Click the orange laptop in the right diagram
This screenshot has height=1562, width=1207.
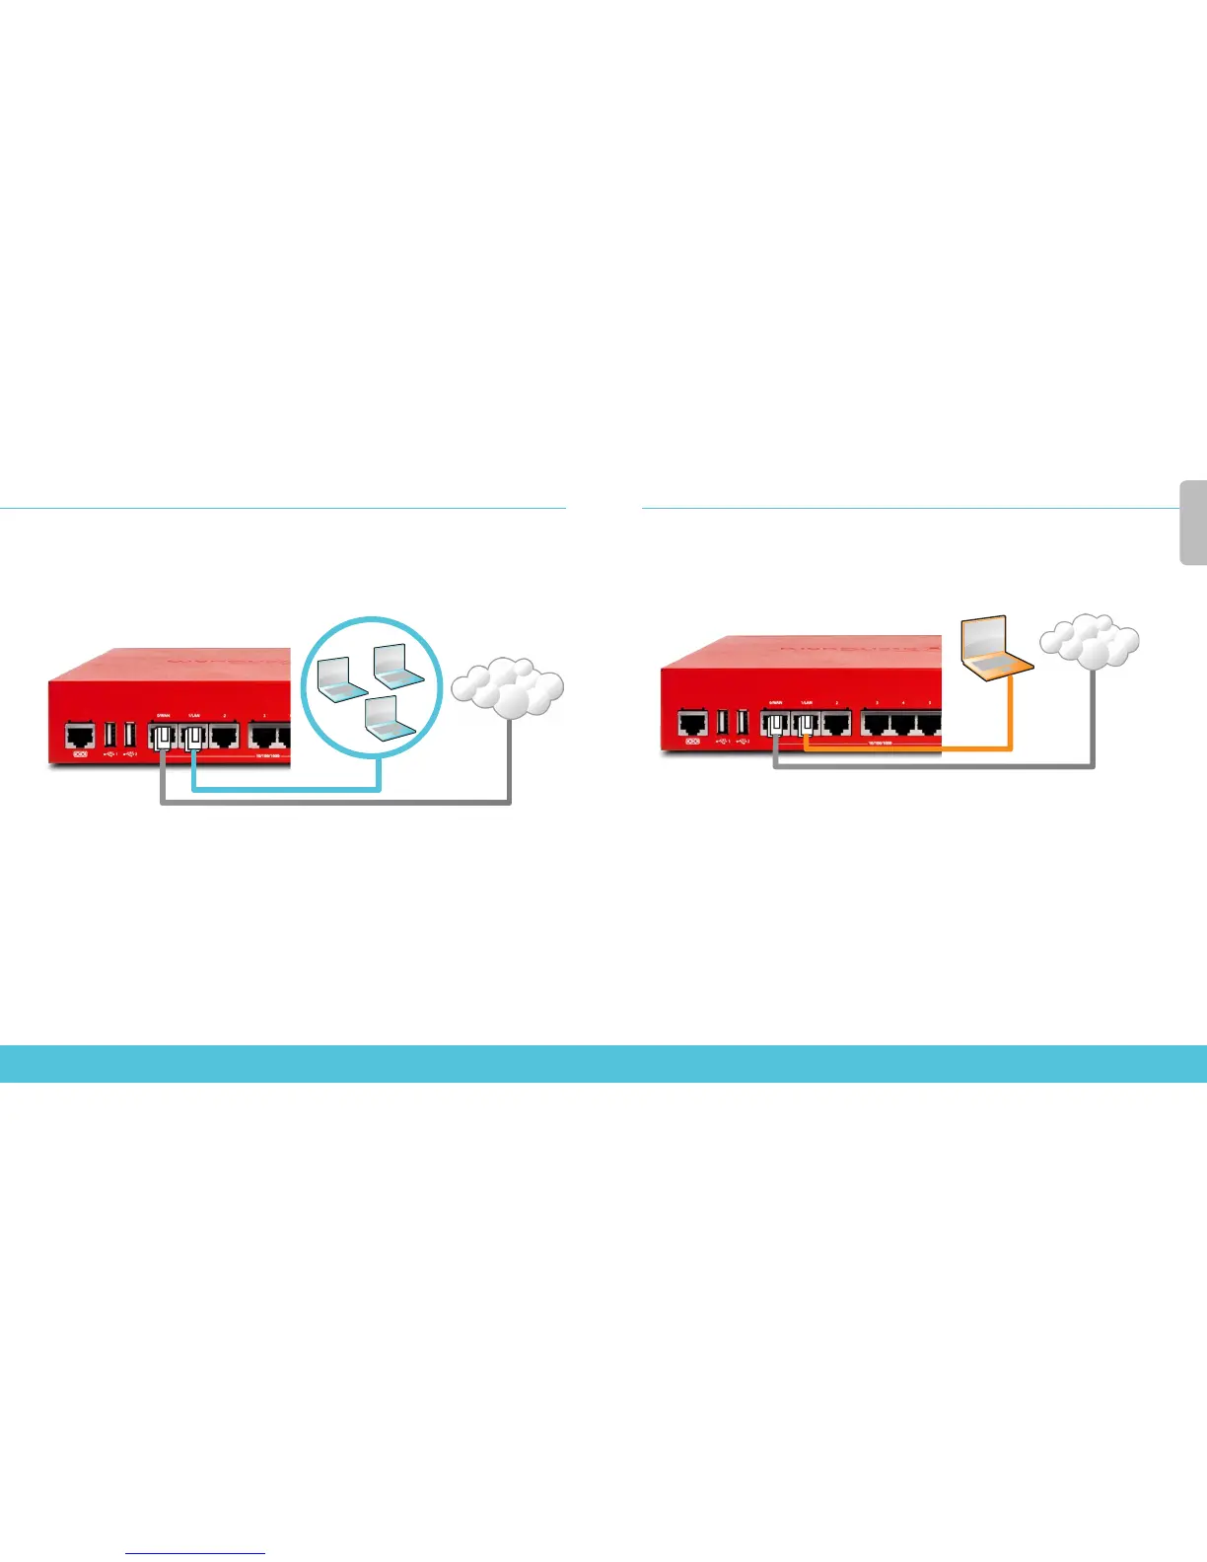[995, 650]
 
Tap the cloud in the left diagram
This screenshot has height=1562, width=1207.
[508, 687]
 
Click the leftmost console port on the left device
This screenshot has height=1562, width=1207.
[80, 734]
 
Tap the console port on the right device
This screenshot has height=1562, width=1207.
[692, 724]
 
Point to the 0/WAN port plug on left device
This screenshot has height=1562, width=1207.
[162, 736]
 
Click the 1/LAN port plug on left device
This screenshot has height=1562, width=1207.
[193, 736]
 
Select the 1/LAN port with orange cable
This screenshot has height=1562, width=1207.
[807, 726]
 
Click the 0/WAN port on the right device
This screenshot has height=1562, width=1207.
[776, 726]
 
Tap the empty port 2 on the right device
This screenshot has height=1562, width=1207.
[836, 724]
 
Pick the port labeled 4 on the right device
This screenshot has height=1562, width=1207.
[902, 724]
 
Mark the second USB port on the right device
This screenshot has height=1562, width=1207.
[743, 722]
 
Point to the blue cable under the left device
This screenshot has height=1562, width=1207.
[286, 788]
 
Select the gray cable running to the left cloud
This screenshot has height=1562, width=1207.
[335, 803]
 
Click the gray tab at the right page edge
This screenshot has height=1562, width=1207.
[1193, 523]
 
